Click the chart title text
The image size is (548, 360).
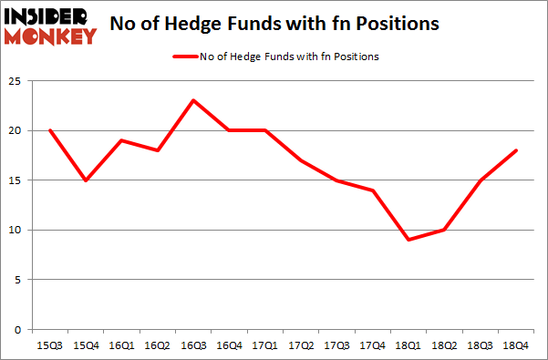pyautogui.click(x=273, y=25)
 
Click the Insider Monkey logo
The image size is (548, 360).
pyautogui.click(x=51, y=25)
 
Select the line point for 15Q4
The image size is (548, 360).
pyautogui.click(x=85, y=180)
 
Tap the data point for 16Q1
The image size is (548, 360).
pyautogui.click(x=120, y=140)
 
